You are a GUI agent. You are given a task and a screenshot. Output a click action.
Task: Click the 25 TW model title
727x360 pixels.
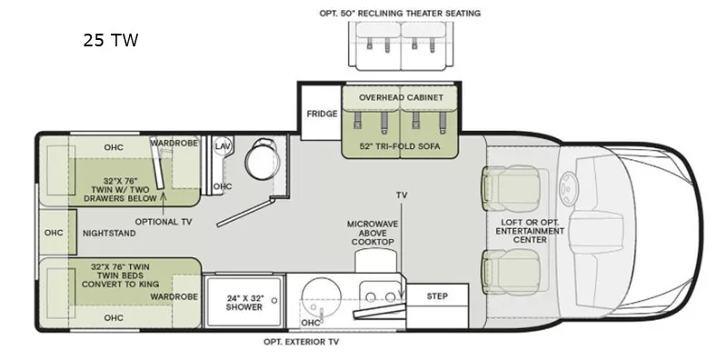pyautogui.click(x=110, y=40)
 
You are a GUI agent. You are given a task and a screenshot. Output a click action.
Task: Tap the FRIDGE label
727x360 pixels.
pyautogui.click(x=322, y=114)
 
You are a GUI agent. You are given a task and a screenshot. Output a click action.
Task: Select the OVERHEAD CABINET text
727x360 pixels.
pyautogui.click(x=401, y=97)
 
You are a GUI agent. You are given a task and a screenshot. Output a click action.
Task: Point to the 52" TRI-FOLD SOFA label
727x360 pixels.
pyautogui.click(x=401, y=146)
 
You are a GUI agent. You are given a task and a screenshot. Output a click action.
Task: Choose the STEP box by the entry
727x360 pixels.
pyautogui.click(x=437, y=295)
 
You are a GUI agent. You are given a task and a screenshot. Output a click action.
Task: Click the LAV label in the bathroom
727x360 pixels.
pyautogui.click(x=222, y=146)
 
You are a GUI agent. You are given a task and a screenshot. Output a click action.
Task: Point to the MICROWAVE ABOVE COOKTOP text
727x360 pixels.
pyautogui.click(x=371, y=233)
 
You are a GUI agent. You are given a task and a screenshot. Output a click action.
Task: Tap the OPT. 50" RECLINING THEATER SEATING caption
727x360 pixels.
pyautogui.click(x=400, y=14)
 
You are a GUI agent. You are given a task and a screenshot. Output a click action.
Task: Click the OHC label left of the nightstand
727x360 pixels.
pyautogui.click(x=55, y=233)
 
